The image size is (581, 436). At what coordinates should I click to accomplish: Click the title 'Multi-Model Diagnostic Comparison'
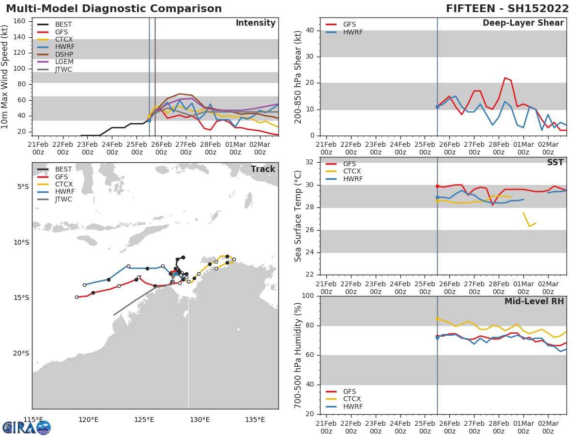(114, 9)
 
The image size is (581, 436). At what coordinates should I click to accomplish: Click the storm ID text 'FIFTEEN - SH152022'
(507, 9)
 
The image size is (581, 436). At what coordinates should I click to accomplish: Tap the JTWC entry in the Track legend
(63, 200)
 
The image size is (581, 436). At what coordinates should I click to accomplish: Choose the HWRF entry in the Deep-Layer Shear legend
(352, 32)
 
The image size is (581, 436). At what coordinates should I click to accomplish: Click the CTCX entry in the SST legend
(352, 171)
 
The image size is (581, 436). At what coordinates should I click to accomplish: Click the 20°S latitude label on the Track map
(20, 353)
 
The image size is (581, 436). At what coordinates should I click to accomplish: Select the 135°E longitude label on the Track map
(255, 420)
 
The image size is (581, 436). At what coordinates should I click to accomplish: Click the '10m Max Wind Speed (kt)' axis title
(5, 77)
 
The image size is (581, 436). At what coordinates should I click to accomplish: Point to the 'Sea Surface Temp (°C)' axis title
(298, 216)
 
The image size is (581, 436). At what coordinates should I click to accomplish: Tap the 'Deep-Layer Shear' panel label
(523, 23)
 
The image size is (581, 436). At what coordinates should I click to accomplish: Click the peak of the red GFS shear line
(505, 78)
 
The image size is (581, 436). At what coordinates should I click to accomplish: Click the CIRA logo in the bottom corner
(26, 427)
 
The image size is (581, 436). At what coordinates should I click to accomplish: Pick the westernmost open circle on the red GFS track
(76, 297)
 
